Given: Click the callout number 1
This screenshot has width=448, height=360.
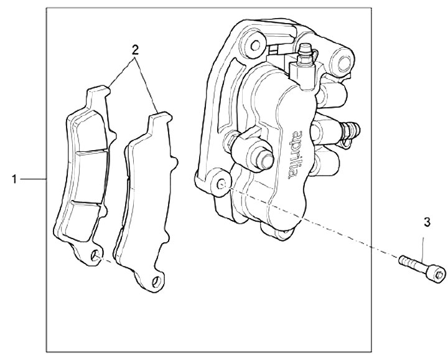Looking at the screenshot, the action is point(14,179).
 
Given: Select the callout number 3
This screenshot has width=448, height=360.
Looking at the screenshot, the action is point(426,221).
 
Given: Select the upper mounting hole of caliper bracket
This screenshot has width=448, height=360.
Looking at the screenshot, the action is point(252,44).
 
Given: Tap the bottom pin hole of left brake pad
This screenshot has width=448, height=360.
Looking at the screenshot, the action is point(95,256).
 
